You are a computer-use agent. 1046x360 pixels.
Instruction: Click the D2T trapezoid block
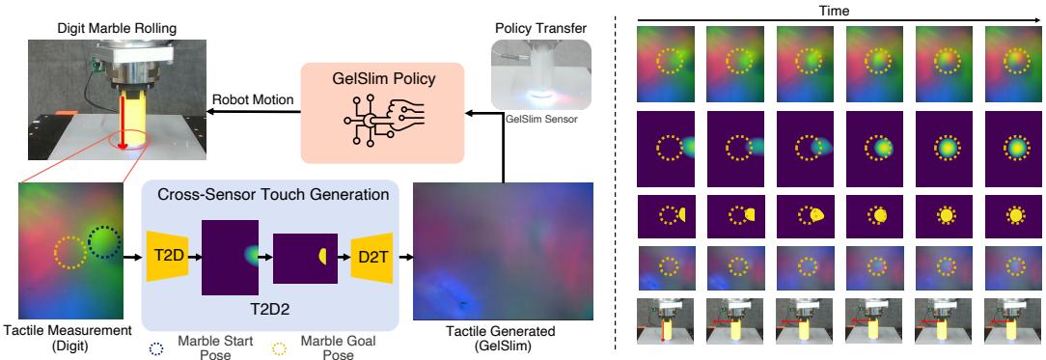(371, 257)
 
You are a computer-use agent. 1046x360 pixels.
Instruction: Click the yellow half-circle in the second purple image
(324, 258)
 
